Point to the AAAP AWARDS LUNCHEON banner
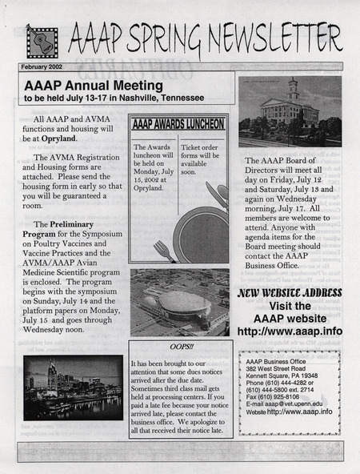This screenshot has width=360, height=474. point(178,124)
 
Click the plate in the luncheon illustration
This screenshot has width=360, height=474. point(202,234)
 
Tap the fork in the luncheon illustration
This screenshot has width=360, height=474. point(165,251)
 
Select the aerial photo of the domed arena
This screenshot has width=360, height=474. point(179,302)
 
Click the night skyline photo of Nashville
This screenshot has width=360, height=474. point(73,387)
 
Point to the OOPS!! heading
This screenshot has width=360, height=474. point(181,347)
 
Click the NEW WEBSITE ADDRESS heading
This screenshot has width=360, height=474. point(290,292)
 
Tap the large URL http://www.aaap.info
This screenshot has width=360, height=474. point(290,331)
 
